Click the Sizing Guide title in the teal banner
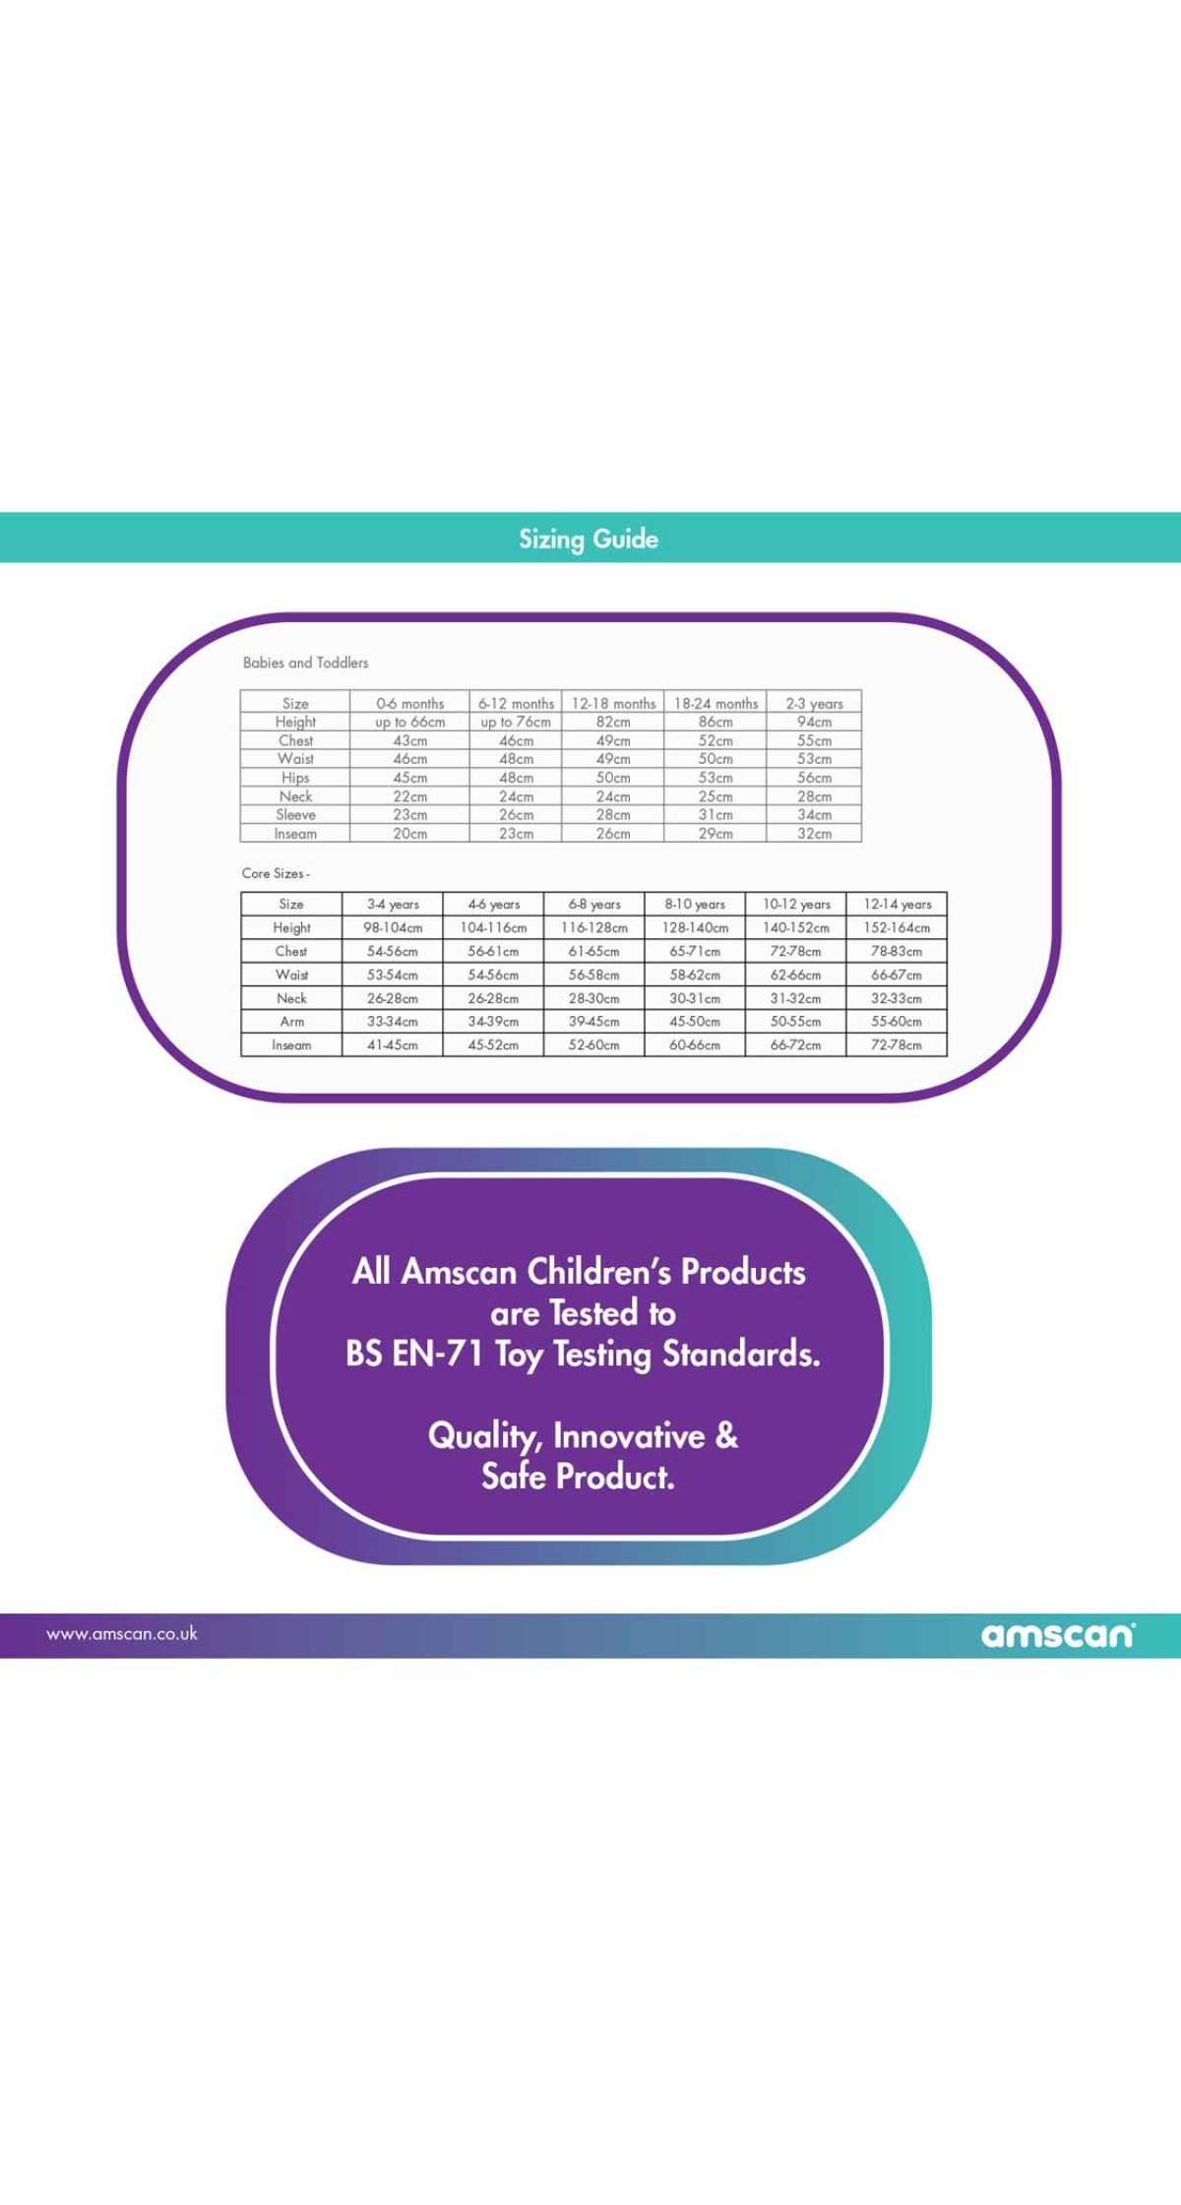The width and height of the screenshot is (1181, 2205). click(589, 539)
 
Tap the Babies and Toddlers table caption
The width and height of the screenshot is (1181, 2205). click(306, 662)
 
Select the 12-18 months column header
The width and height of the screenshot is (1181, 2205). click(613, 703)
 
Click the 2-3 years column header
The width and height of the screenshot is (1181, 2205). click(814, 703)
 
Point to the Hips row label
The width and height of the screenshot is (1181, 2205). click(295, 778)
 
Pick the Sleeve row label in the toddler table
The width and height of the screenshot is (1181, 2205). click(295, 815)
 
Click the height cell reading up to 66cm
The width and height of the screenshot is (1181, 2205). click(410, 722)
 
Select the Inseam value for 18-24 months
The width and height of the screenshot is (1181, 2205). click(715, 834)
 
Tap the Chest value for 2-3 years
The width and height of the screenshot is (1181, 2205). click(814, 740)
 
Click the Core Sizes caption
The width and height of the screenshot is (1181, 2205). click(276, 873)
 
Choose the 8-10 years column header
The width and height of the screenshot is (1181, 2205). click(695, 904)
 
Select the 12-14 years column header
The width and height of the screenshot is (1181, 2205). click(897, 904)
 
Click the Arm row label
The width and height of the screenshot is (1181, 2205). click(291, 1022)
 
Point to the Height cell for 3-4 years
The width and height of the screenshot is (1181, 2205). click(393, 927)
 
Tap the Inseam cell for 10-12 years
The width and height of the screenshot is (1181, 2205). click(795, 1045)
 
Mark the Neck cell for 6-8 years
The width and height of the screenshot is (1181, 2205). click(593, 998)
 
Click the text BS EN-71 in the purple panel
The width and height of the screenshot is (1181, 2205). click(414, 1354)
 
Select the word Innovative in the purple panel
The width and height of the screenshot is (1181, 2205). click(629, 1435)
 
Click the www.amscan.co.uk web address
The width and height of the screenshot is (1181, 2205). click(122, 1634)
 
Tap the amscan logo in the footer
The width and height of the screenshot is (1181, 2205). click(1058, 1635)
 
